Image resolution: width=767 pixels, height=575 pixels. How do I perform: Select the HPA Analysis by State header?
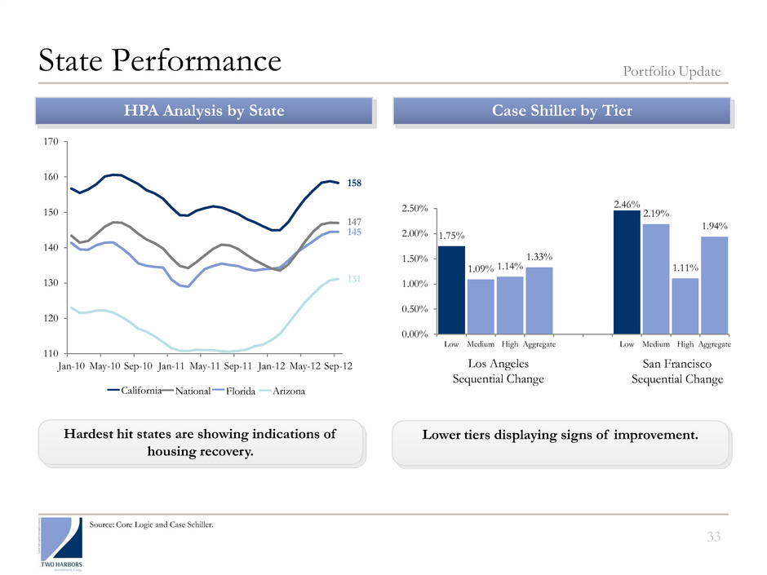coord(203,111)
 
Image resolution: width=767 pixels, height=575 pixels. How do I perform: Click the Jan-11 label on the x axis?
coord(171,368)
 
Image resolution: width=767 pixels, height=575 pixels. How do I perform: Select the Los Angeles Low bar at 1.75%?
coord(451,290)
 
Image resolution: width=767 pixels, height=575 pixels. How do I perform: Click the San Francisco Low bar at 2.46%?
coord(627,272)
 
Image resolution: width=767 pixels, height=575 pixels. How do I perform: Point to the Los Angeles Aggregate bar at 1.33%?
coord(539,300)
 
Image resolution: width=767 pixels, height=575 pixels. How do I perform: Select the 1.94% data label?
coord(715,225)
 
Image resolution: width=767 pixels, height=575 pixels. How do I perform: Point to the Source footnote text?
coord(153,524)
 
